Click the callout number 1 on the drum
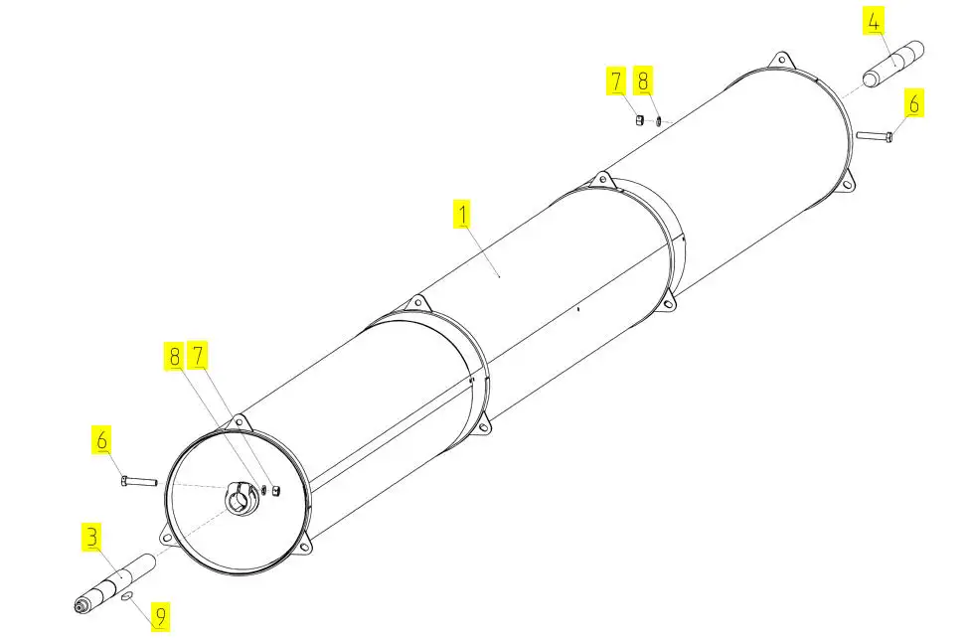462,214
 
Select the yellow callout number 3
92,537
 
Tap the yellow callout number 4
874,22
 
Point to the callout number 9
161,616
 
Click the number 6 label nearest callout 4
913,103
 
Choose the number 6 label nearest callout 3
101,440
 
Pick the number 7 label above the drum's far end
615,80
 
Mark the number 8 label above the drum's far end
643,80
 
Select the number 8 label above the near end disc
174,356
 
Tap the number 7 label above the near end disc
198,356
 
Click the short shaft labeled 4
892,64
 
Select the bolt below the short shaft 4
875,136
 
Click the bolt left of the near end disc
139,481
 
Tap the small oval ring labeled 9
128,595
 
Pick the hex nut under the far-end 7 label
640,119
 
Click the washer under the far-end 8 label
659,120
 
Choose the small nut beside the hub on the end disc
276,490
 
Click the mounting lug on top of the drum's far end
781,61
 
